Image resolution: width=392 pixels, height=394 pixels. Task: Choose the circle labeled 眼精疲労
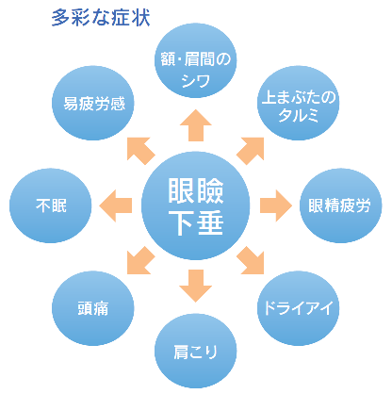(338, 203)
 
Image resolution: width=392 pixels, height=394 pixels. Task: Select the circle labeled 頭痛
(91, 306)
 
